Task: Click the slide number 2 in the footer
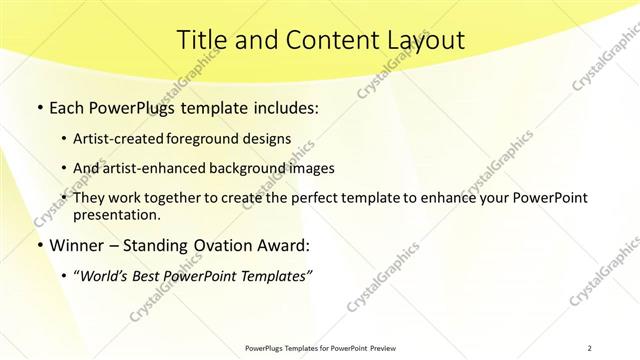[x=590, y=347]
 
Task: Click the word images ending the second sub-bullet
[x=312, y=168]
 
